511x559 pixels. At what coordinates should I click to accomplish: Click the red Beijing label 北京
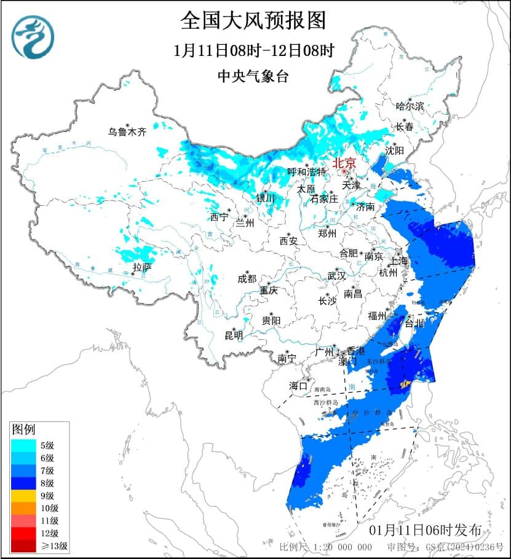344,163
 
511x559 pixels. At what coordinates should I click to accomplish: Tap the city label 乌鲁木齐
127,131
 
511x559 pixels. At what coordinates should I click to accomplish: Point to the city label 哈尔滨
410,106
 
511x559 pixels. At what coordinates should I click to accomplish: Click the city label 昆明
234,335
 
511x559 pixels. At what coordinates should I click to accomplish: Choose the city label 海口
298,386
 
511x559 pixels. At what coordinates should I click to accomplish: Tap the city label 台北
414,322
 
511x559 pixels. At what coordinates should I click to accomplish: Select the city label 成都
247,279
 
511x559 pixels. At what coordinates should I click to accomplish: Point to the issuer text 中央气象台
253,76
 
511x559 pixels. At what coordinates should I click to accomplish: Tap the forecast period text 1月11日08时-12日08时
253,50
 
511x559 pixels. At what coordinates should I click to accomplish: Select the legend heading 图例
24,428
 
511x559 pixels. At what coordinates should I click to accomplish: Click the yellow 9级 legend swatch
23,495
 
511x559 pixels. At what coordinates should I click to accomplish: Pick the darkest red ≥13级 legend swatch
23,545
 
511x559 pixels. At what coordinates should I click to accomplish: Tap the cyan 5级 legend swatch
23,445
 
